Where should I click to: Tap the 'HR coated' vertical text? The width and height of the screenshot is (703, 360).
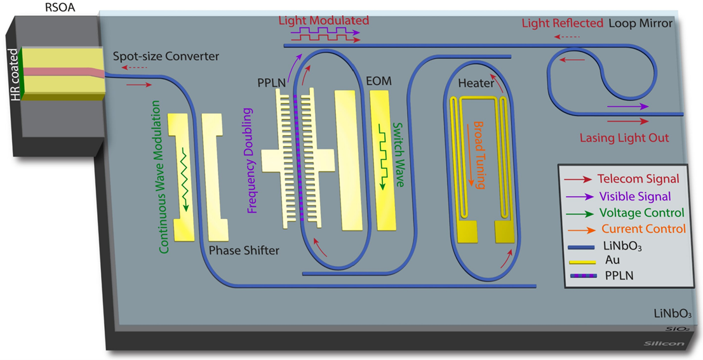(15, 74)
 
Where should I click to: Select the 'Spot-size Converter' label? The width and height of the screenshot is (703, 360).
(166, 57)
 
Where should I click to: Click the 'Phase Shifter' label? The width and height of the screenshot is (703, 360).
(244, 250)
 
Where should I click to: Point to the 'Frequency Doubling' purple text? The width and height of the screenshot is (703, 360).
(251, 161)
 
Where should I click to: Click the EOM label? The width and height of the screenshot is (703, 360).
(379, 82)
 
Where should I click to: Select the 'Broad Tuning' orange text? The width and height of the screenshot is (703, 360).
(479, 154)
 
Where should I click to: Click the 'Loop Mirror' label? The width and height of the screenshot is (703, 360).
(640, 23)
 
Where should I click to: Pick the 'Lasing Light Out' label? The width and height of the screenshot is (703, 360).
(624, 138)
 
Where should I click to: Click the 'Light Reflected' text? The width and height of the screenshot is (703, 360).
(562, 23)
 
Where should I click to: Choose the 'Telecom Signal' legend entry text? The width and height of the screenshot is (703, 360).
(638, 179)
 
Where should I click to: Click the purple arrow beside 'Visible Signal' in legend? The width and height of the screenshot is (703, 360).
(579, 196)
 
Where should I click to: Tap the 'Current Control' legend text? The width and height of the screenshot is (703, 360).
(643, 229)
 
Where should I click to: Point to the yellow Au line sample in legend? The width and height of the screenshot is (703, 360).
(582, 262)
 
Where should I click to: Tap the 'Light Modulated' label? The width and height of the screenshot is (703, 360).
(324, 20)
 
